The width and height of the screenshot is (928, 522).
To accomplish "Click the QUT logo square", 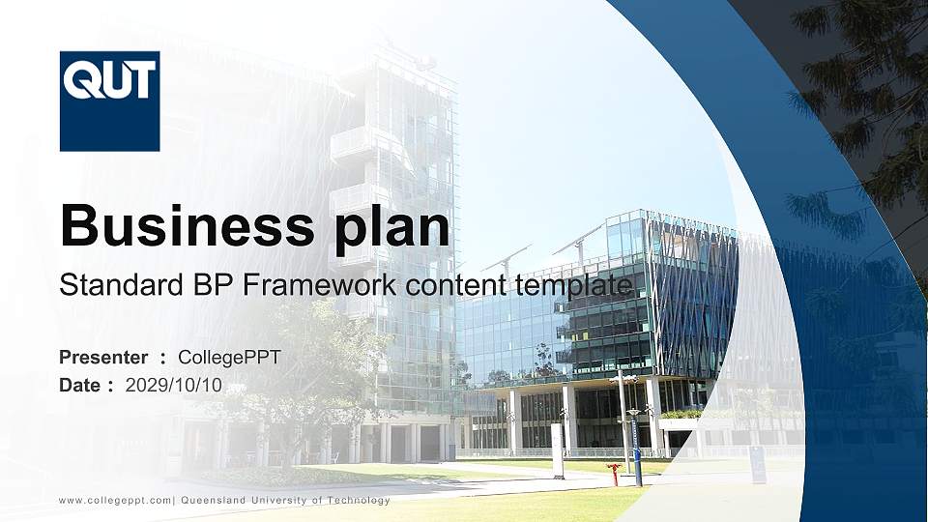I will [109, 101].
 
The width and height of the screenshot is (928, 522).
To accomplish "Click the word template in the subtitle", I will [574, 286].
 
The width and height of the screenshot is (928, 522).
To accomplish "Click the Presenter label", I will [103, 358].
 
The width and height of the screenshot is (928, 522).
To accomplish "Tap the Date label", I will [80, 385].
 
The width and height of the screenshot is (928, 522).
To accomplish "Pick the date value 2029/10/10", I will [174, 385].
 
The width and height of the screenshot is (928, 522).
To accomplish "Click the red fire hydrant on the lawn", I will [613, 474].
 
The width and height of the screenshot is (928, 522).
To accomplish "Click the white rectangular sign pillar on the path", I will [558, 450].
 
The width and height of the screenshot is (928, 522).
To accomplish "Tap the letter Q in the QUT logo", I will [80, 79].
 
